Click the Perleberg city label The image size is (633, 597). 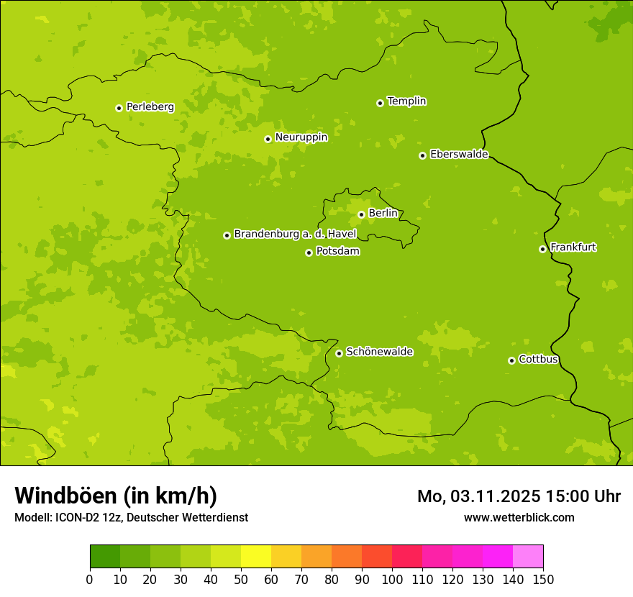coord(150,107)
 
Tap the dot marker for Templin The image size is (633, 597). coord(380,103)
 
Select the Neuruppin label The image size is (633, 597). coord(301,137)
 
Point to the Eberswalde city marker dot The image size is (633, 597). coord(422,155)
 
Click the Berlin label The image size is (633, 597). coord(383,214)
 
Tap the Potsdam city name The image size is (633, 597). coord(337,252)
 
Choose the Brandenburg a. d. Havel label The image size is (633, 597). coord(295,234)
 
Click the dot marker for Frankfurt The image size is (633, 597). coord(542,249)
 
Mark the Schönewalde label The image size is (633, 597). coord(379,352)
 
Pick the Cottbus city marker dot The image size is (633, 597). coord(511,360)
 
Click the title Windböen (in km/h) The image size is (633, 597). coord(116,496)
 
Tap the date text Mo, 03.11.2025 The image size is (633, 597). coord(479,496)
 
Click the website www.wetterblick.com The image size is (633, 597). coord(519,518)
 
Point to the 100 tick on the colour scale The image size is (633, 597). coord(392,578)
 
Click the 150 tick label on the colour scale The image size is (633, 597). coord(543,578)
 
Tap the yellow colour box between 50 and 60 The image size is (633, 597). coord(256,557)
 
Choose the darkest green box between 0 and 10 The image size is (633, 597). coord(105,557)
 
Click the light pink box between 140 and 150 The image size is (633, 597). coord(528,557)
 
